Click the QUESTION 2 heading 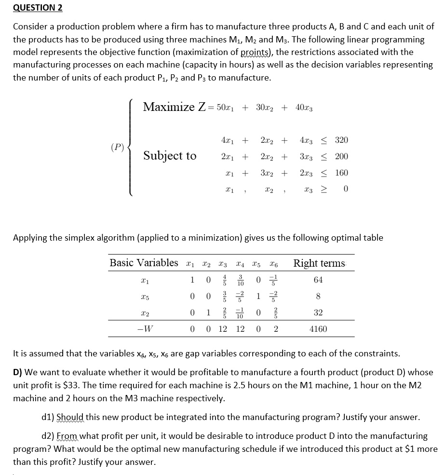click(x=38, y=8)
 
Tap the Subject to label click(x=170, y=156)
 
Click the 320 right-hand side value click(x=341, y=140)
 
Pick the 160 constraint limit click(x=341, y=173)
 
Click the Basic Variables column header click(x=144, y=263)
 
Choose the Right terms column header click(x=319, y=263)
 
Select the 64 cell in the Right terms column click(x=318, y=280)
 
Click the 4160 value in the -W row click(x=318, y=329)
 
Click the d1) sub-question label click(x=48, y=417)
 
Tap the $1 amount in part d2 click(x=427, y=449)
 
